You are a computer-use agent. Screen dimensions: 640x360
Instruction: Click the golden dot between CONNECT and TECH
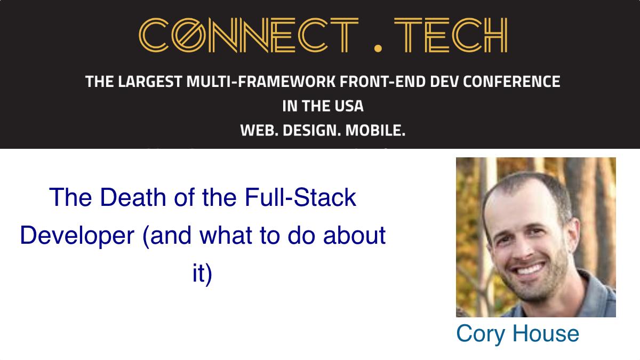[x=378, y=48]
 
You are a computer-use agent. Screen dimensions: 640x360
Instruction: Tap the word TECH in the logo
[x=451, y=35]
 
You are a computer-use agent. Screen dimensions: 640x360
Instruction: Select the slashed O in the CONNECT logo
[x=189, y=35]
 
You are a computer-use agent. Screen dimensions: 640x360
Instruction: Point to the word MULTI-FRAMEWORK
[x=261, y=82]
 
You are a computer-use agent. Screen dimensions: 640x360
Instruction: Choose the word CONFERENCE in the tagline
[x=511, y=82]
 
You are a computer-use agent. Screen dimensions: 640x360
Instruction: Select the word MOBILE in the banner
[x=375, y=131]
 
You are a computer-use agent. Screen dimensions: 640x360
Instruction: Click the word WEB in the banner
[x=259, y=131]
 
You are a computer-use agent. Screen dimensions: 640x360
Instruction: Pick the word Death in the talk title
[x=133, y=197]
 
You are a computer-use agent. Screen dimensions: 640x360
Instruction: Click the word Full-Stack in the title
[x=300, y=197]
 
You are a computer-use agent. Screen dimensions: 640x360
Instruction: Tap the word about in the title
[x=354, y=235]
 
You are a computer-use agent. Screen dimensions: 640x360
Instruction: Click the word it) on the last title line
[x=202, y=274]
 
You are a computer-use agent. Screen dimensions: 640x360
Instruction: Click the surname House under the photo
[x=546, y=333]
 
